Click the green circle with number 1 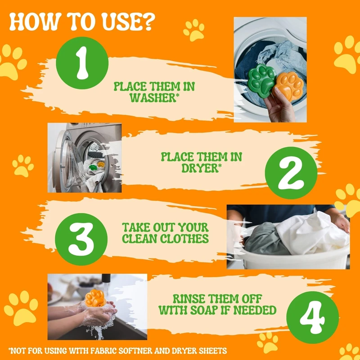coord(82,63)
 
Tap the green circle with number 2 coord(291,173)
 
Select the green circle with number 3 coord(81,239)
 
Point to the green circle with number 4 coord(312,317)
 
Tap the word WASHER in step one coord(153,98)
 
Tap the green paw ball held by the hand coord(262,78)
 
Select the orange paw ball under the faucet coord(95,298)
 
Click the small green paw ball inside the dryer coord(93,167)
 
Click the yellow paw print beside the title coord(194,30)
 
